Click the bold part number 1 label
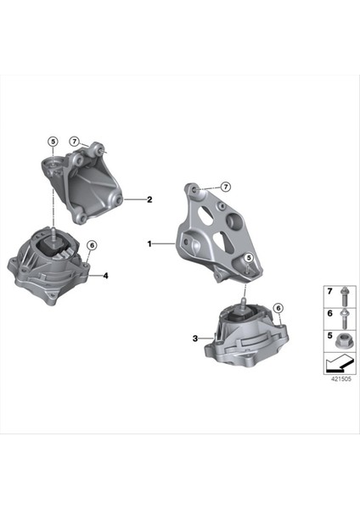tap(150, 244)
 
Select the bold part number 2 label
tap(149, 200)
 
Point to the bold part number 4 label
tap(105, 276)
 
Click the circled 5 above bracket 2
tap(52, 142)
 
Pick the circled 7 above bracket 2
tap(75, 141)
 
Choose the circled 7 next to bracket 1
tap(227, 186)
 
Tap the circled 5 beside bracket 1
tap(249, 258)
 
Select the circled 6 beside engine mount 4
tap(92, 246)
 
